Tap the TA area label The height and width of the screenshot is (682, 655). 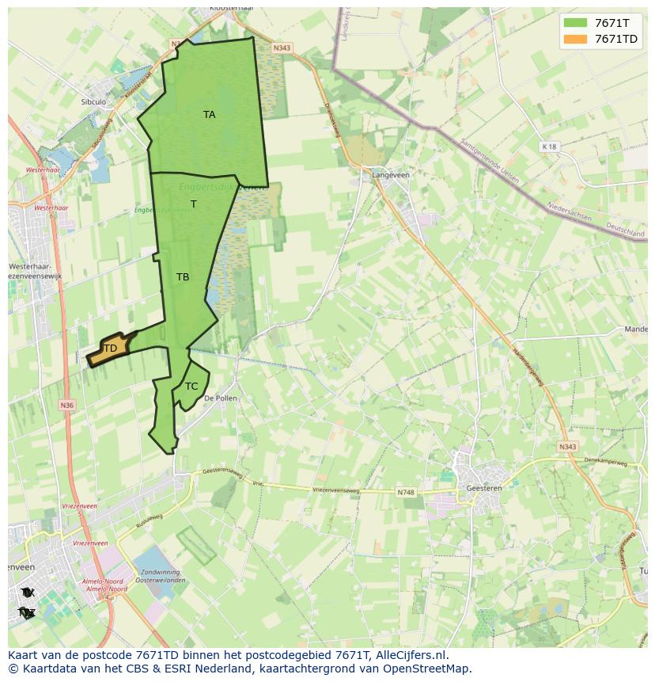click(209, 115)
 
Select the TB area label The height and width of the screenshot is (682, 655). click(183, 277)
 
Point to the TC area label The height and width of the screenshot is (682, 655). click(191, 387)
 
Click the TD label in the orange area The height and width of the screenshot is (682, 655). click(110, 349)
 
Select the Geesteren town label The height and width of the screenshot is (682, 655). click(484, 489)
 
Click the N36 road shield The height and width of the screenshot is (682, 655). click(66, 406)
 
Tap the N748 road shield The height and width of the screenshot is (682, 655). click(406, 493)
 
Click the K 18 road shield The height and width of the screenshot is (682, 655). click(549, 147)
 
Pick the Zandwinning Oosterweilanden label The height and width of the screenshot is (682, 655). click(163, 576)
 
